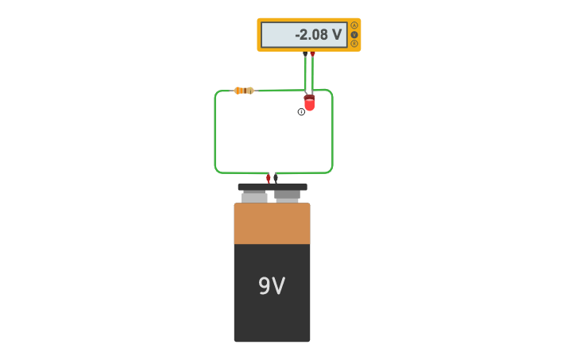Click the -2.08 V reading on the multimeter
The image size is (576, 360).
(x=318, y=35)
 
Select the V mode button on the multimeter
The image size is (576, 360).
(x=354, y=34)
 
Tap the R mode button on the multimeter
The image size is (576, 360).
(x=354, y=44)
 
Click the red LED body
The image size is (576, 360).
(x=309, y=104)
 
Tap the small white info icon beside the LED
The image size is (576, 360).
(x=301, y=112)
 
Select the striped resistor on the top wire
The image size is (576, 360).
(x=244, y=91)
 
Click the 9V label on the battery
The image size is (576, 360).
(x=272, y=286)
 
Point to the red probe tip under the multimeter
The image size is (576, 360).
(x=312, y=55)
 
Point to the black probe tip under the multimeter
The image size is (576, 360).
(x=305, y=55)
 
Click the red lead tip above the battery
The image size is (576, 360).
(x=269, y=178)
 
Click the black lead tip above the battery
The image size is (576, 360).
(x=276, y=178)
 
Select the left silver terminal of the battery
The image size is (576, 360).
(x=254, y=196)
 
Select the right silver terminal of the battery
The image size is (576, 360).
(x=287, y=195)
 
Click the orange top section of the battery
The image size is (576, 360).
(x=272, y=224)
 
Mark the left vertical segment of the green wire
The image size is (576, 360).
(x=215, y=131)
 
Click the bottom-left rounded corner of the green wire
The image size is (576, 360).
(x=217, y=170)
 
